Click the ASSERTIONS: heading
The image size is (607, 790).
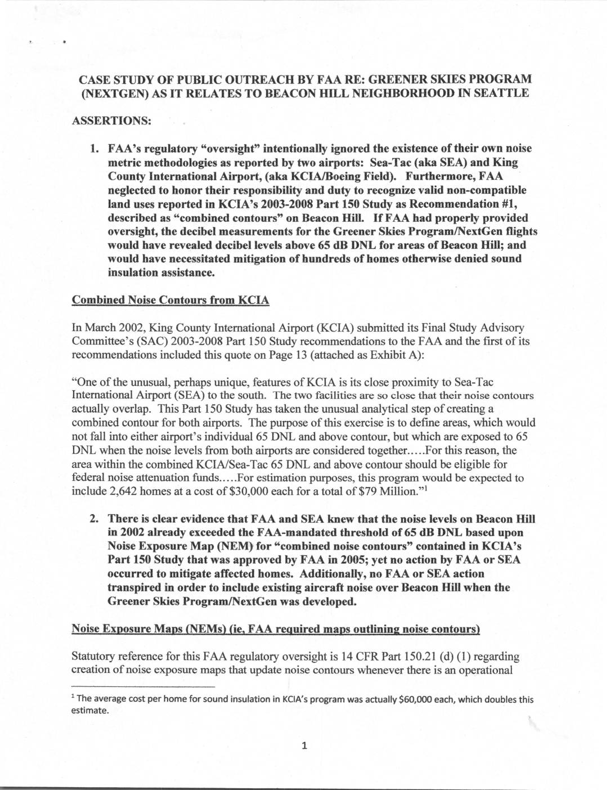111,121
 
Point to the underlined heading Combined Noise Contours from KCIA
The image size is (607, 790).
170,301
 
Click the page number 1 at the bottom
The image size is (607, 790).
304,747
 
